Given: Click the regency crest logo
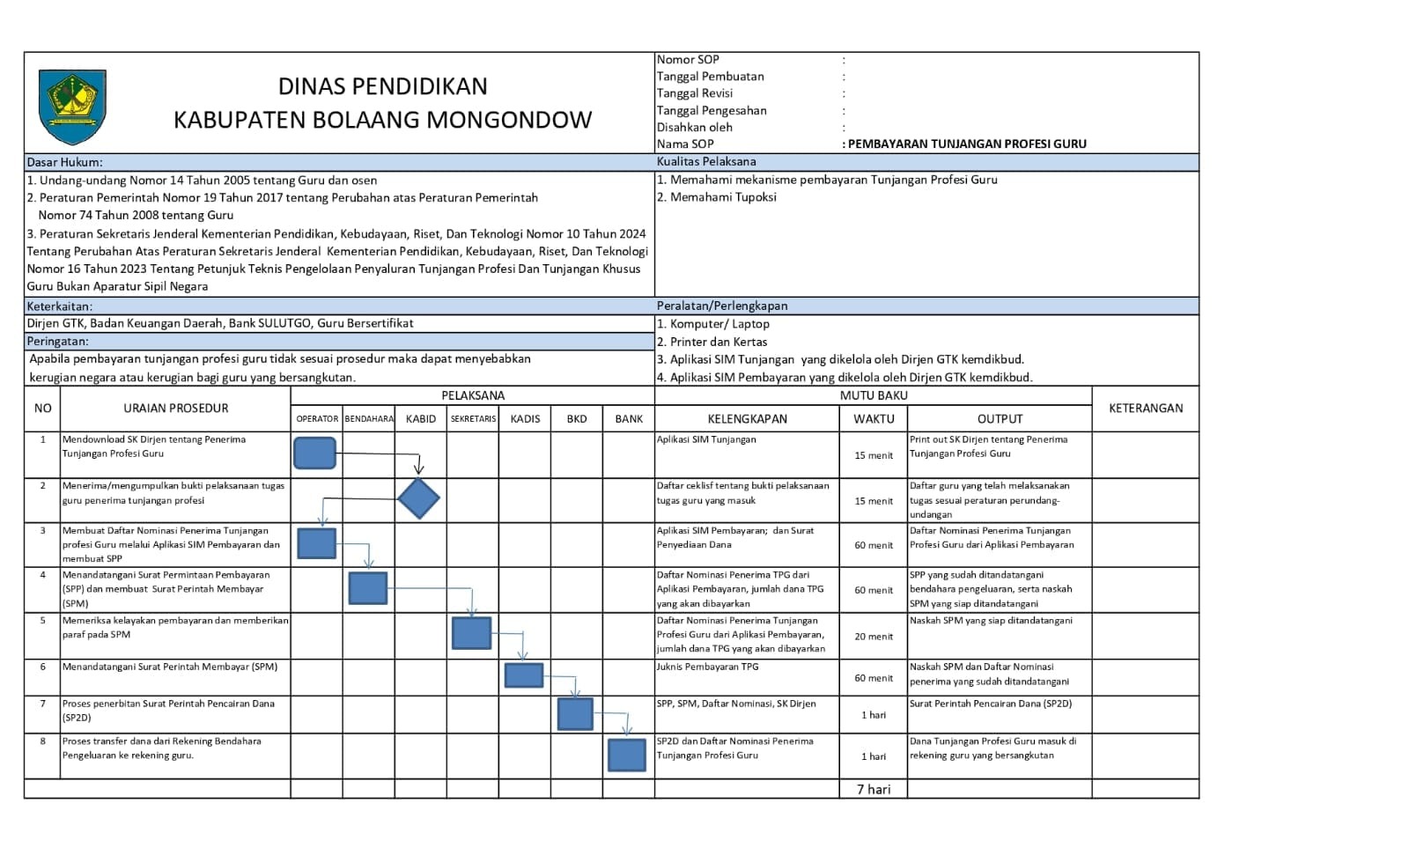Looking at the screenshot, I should [72, 107].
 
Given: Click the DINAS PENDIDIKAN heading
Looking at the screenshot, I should [382, 86].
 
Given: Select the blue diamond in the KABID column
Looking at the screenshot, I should [418, 499].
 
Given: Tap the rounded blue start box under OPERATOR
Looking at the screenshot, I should [314, 453].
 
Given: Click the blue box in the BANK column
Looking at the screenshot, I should [627, 755].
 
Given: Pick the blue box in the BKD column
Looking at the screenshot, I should [575, 714].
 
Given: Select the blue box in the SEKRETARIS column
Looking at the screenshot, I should [471, 633].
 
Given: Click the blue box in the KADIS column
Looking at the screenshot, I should [524, 675].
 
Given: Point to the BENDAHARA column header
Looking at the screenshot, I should [369, 419].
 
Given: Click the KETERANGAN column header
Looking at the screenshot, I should [1145, 409].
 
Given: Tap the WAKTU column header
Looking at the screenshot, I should [873, 419].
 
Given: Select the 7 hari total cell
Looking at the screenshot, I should [873, 790].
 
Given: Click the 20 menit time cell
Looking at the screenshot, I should [873, 637].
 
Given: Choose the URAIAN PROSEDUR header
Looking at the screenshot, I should [175, 409].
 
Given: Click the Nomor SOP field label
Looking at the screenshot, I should [688, 60].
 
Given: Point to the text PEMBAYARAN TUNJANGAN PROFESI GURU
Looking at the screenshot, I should [967, 144].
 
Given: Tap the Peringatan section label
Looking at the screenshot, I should [58, 342].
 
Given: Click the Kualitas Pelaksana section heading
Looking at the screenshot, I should [706, 162].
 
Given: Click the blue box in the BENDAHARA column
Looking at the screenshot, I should [367, 588].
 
